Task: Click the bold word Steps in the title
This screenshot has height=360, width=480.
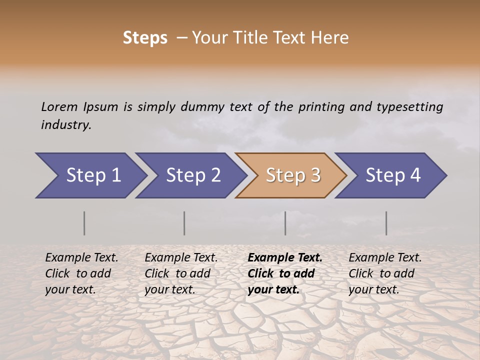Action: (145, 38)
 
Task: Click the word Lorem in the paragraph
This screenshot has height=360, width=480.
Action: (59, 106)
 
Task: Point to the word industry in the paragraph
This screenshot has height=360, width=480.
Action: (66, 125)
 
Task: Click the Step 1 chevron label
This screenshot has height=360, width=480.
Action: (93, 175)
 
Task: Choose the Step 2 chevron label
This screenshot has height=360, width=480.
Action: (193, 175)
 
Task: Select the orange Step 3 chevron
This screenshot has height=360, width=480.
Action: (293, 175)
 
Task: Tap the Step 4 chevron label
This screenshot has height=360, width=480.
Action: (393, 175)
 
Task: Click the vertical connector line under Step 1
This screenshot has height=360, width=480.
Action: (84, 223)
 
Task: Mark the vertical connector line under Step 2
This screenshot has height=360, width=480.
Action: (184, 223)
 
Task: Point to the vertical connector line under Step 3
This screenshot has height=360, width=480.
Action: (285, 223)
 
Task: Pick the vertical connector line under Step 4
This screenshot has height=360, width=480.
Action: (386, 223)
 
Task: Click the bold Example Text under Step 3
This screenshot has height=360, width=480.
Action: (285, 258)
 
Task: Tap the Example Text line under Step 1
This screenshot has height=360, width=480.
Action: (81, 258)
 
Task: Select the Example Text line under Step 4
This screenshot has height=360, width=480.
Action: (385, 258)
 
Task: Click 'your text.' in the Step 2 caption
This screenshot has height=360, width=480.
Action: (170, 290)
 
